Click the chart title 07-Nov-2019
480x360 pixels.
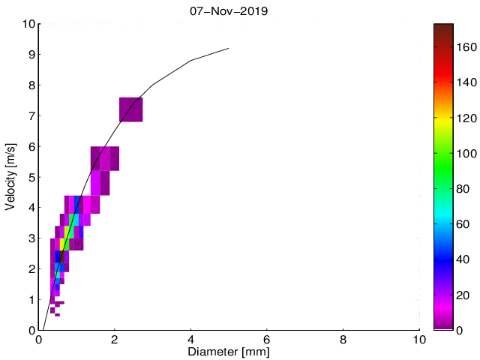229,11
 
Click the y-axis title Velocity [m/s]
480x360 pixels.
10,177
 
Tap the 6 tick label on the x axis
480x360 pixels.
267,338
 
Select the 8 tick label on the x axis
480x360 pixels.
343,338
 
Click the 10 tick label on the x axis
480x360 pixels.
418,338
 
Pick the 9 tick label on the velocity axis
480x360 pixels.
30,55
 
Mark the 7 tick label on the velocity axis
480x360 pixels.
30,116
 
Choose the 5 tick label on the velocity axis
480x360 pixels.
30,178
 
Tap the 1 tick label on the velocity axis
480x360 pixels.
30,300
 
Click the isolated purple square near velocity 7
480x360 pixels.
131,109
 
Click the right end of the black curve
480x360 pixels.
228,49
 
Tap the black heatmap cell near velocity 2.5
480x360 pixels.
60,256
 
